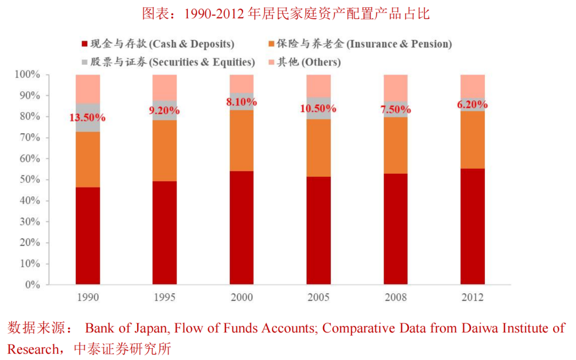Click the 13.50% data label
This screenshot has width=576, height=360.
(x=87, y=117)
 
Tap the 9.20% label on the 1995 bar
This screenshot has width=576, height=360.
(x=164, y=111)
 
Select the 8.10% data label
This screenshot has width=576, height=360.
(x=242, y=101)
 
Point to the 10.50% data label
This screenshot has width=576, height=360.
(x=318, y=108)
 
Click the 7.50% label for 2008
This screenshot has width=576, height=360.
(x=395, y=111)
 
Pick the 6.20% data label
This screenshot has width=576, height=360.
(x=473, y=105)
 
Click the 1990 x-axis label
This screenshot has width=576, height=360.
(x=87, y=298)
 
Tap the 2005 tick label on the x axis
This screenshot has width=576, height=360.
(x=318, y=298)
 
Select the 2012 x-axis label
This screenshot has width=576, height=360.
(x=473, y=298)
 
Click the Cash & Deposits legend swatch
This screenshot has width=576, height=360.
(x=84, y=44)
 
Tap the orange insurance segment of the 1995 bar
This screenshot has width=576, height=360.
(x=164, y=151)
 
